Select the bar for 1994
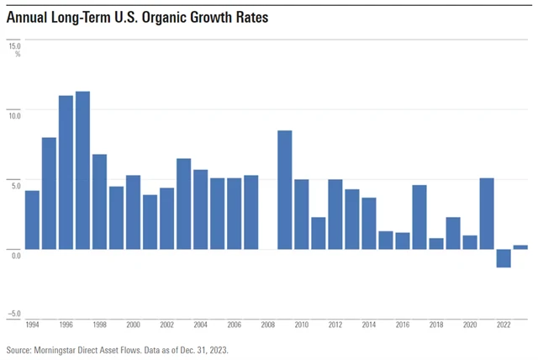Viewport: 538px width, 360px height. (x=32, y=220)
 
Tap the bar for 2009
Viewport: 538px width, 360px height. (x=285, y=190)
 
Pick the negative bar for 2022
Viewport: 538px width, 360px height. (x=504, y=258)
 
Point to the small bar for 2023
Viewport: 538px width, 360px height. (x=520, y=247)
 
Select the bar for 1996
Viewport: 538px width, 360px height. (x=66, y=172)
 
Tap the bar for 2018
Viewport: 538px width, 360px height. (x=436, y=244)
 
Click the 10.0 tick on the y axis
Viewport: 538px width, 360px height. (x=15, y=109)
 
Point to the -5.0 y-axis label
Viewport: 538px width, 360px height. (x=14, y=314)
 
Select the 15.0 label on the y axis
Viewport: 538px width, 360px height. (x=15, y=45)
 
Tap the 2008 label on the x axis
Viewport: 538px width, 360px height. (x=268, y=323)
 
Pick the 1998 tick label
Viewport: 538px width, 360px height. (x=99, y=323)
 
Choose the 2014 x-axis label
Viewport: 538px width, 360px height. (x=369, y=323)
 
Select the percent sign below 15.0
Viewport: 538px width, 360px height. (x=18, y=54)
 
